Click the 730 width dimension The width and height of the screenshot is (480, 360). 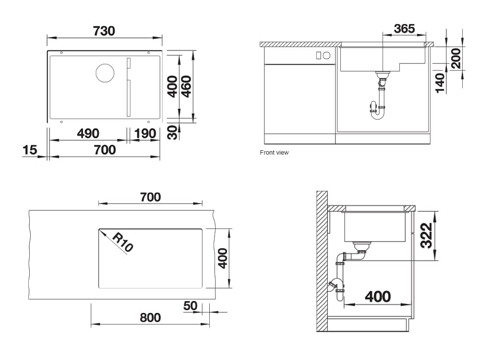[x=104, y=31]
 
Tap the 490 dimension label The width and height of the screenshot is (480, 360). [x=88, y=133]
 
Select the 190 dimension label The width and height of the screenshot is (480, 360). [x=145, y=133]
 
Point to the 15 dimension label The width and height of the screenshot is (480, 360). [x=30, y=150]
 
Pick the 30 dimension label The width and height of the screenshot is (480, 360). [x=173, y=132]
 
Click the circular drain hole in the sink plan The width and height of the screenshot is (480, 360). [x=105, y=73]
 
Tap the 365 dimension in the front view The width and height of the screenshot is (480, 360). [x=404, y=28]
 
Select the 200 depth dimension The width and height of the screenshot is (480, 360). [x=456, y=58]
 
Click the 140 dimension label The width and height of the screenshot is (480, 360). [x=440, y=83]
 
